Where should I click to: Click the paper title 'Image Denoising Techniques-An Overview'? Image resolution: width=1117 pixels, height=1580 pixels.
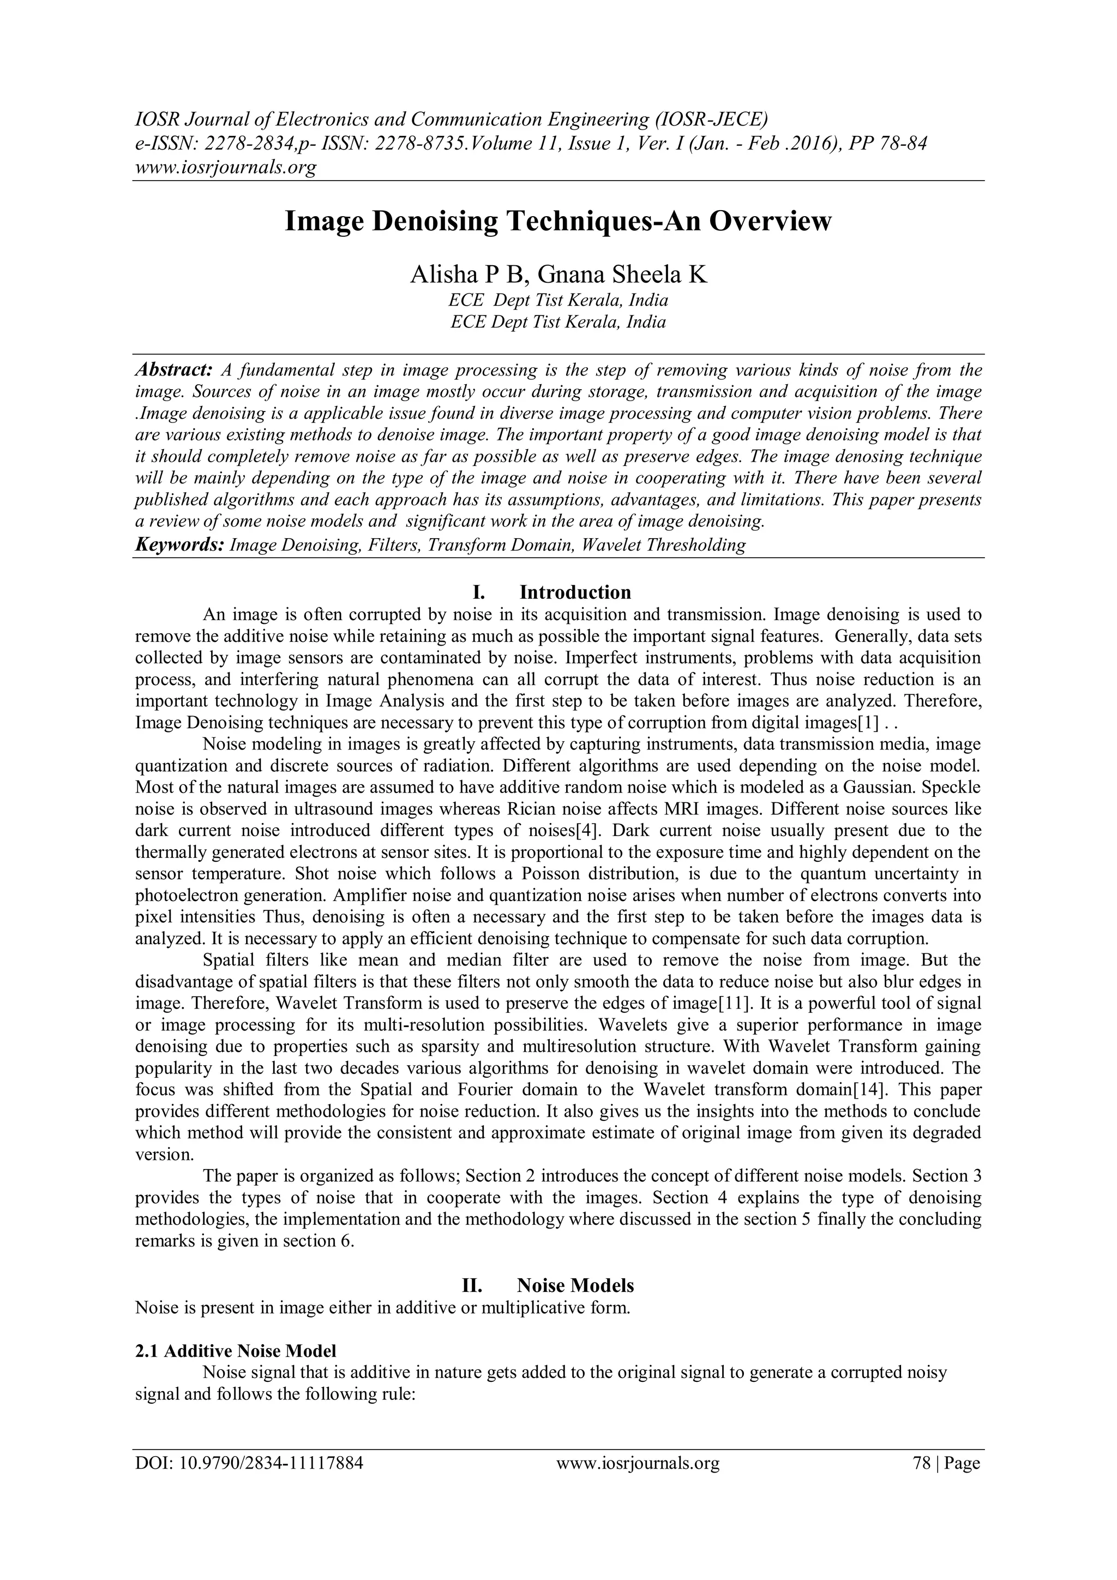[x=558, y=222]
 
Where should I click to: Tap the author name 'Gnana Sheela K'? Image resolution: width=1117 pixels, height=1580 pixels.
[x=622, y=275]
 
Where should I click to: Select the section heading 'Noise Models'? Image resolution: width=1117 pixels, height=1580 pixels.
[x=575, y=1285]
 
